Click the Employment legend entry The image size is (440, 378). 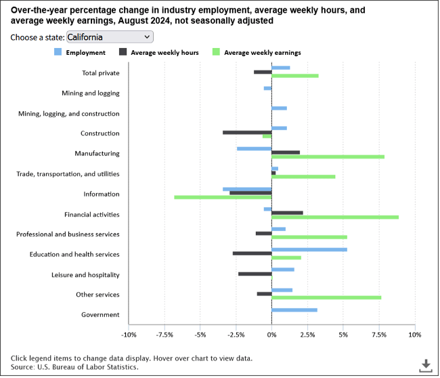click(79, 52)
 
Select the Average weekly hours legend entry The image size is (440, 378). click(158, 52)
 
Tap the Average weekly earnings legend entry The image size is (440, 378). click(257, 52)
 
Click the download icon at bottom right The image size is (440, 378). click(425, 365)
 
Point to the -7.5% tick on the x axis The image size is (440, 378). click(164, 335)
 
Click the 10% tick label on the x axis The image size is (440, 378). click(414, 335)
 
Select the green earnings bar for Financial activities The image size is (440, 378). click(335, 217)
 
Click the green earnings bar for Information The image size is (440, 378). click(223, 197)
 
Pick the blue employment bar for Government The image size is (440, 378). click(294, 310)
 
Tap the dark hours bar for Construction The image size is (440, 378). click(246, 132)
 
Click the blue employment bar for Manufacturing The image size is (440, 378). click(254, 148)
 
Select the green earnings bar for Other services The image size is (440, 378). click(326, 297)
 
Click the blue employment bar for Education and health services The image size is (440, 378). click(309, 249)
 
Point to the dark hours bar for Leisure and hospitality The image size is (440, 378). click(255, 274)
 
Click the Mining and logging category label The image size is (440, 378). click(90, 93)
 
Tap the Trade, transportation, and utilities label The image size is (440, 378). click(68, 174)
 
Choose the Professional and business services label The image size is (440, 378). click(68, 234)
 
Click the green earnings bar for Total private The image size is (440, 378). click(294, 76)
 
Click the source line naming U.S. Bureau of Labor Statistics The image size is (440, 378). click(74, 366)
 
